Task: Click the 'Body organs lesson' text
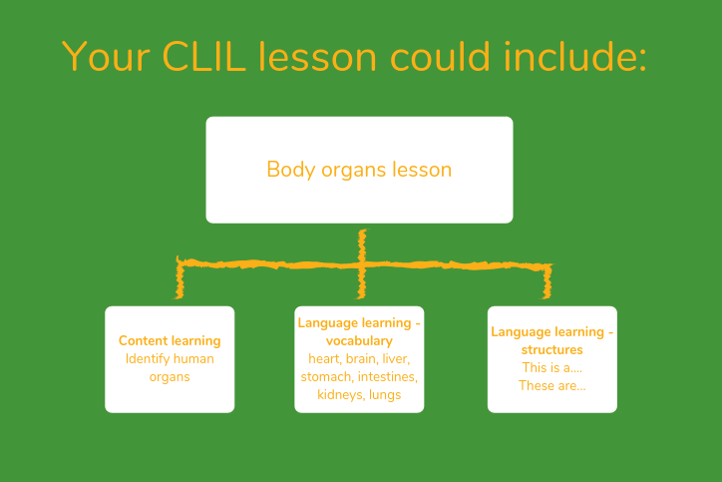click(x=359, y=169)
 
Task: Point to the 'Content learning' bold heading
click(x=170, y=341)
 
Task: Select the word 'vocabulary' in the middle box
click(x=359, y=341)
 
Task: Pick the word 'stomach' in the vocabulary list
click(x=326, y=377)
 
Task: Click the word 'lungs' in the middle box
click(x=384, y=395)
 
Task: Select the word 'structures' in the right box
click(x=551, y=350)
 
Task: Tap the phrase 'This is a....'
click(x=551, y=368)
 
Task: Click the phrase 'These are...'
click(x=551, y=386)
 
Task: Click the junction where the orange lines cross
click(x=362, y=264)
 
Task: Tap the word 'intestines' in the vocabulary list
click(x=387, y=377)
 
